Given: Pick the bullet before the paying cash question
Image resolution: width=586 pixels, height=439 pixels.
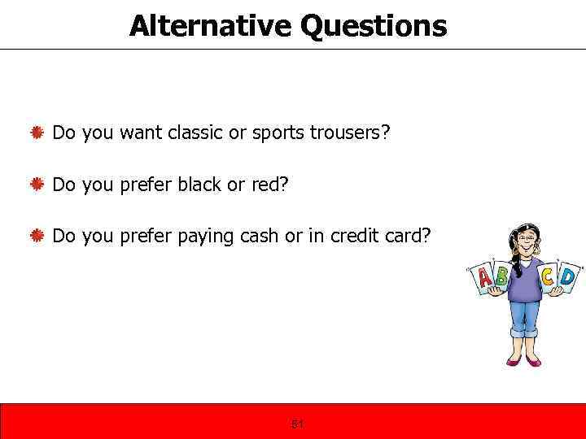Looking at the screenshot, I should point(37,236).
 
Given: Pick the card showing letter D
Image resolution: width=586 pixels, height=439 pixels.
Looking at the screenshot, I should point(567,278).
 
